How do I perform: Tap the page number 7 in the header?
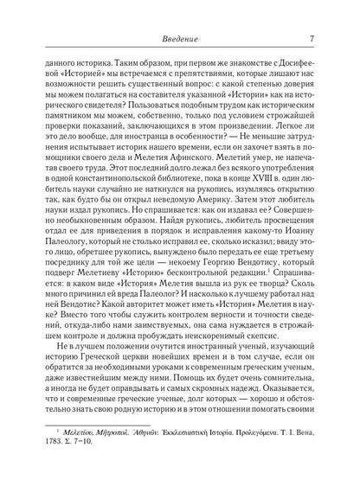tap(311, 35)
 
